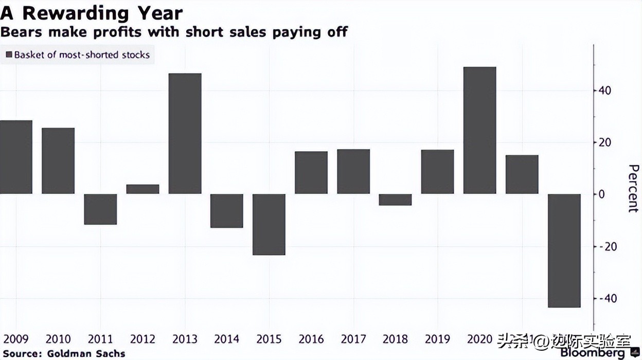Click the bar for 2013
click(x=185, y=134)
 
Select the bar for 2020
click(x=479, y=130)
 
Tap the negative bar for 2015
click(x=269, y=224)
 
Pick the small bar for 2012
click(x=142, y=189)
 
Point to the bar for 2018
click(x=395, y=200)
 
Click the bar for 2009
click(x=16, y=157)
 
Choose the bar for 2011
click(x=100, y=209)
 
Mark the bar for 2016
click(x=311, y=172)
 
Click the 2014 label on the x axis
click(x=227, y=339)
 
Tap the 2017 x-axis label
click(x=353, y=339)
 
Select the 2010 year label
click(x=58, y=339)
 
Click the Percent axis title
click(x=633, y=189)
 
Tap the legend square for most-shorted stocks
click(x=9, y=55)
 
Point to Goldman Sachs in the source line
click(x=86, y=354)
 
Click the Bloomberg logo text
click(x=593, y=353)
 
